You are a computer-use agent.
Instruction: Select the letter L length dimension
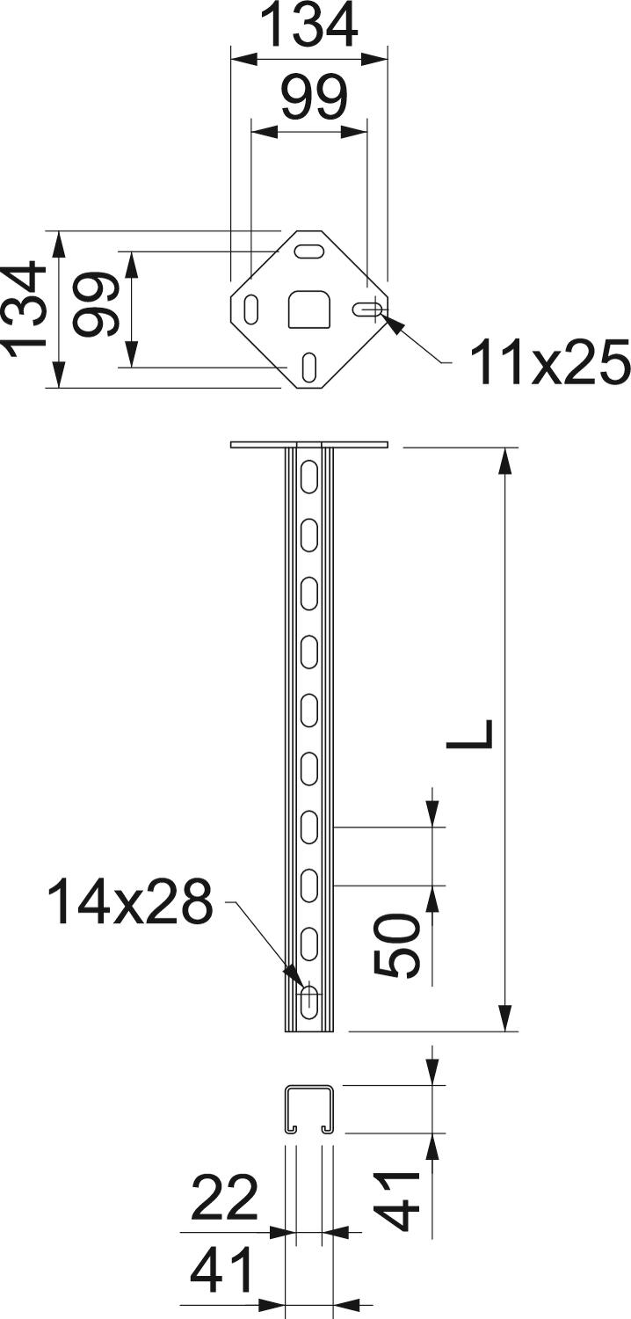pos(469,733)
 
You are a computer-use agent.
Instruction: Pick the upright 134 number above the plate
pos(309,24)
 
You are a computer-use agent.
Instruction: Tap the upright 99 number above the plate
pos(314,97)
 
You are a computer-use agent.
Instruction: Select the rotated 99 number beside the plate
pos(97,303)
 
